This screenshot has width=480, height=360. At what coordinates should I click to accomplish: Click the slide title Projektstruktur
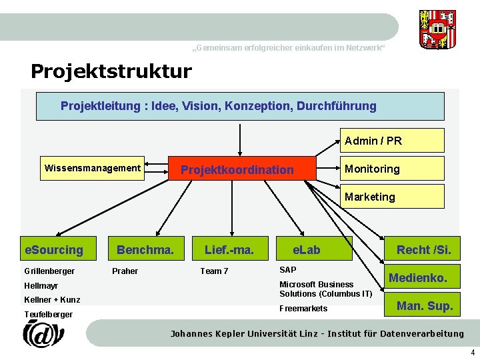pyautogui.click(x=111, y=71)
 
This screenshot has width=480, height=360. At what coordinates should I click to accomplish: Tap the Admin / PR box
pyautogui.click(x=392, y=141)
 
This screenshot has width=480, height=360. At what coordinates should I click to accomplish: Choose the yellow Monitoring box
pyautogui.click(x=392, y=169)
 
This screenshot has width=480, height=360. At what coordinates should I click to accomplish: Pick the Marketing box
pyautogui.click(x=392, y=197)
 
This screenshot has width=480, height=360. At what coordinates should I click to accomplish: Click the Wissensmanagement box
pyautogui.click(x=93, y=168)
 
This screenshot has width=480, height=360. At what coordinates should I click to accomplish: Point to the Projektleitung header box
pyautogui.click(x=240, y=106)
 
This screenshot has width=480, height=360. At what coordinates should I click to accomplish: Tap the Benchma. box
pyautogui.click(x=145, y=250)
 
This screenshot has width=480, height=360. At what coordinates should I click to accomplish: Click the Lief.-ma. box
pyautogui.click(x=229, y=250)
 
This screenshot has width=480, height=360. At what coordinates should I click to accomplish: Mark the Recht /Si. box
pyautogui.click(x=423, y=250)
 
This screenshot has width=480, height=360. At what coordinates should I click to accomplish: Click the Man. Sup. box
pyautogui.click(x=424, y=306)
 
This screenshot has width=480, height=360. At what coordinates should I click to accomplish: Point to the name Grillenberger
pyautogui.click(x=49, y=271)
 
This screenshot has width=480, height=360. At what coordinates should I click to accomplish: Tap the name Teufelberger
pyautogui.click(x=48, y=314)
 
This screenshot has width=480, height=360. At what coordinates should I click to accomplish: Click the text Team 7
pyautogui.click(x=214, y=271)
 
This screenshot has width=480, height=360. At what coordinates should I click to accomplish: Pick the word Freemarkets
pyautogui.click(x=303, y=308)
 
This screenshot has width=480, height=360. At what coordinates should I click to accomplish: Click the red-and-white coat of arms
pyautogui.click(x=438, y=29)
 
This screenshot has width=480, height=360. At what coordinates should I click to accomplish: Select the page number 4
pyautogui.click(x=473, y=353)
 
